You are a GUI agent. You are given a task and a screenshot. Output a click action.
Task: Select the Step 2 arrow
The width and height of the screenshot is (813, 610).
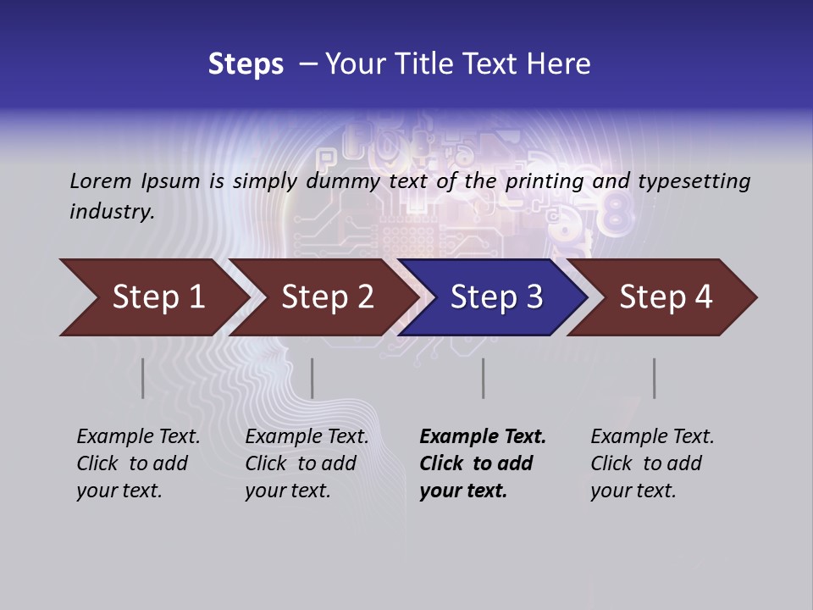pos(327,297)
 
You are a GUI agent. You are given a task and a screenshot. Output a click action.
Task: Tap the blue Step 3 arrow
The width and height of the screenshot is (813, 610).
pos(496,297)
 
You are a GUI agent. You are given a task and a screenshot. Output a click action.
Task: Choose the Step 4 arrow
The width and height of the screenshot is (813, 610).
pos(666,297)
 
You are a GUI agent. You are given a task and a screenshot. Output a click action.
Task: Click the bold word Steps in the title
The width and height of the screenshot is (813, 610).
pos(246,64)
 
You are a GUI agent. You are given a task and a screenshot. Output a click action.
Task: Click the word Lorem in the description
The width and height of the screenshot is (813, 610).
pos(101,180)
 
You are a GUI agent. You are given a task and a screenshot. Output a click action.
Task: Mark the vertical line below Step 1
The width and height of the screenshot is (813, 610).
pos(143,378)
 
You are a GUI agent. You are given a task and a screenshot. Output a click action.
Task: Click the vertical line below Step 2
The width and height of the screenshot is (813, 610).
pos(312,378)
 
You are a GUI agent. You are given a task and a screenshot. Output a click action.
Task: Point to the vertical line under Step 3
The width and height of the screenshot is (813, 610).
pos(483,378)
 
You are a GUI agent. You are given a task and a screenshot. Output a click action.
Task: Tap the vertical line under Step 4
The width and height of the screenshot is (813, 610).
pos(654,378)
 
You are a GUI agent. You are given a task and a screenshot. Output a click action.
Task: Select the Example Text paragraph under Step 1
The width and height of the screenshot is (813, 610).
pos(138,463)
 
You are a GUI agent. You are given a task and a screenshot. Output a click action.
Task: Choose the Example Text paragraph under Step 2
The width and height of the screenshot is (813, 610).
pos(307,463)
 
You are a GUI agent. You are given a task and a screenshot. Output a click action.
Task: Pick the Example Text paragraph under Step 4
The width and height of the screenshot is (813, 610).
pos(652,463)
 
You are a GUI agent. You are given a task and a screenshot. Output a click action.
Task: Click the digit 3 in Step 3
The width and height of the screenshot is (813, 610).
pos(534,297)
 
